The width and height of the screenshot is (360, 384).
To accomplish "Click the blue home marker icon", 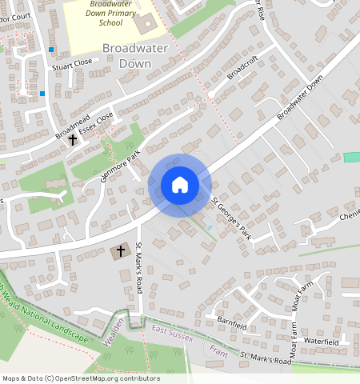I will (180, 185).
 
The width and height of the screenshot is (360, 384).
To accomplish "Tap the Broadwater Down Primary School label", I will (111, 14).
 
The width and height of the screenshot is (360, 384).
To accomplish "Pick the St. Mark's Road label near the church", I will (138, 267).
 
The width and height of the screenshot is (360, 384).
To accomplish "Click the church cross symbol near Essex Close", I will (73, 140).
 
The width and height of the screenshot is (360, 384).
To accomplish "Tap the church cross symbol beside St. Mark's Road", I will (121, 251).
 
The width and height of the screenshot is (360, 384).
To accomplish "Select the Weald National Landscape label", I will (48, 315).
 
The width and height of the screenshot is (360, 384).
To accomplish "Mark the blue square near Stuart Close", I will (52, 50).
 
